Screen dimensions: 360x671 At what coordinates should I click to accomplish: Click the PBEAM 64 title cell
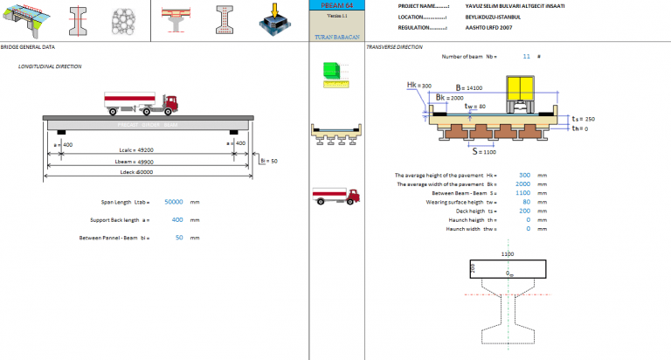click(336, 5)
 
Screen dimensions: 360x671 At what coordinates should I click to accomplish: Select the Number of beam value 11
click(526, 56)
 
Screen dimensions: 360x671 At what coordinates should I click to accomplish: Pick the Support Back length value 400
click(177, 220)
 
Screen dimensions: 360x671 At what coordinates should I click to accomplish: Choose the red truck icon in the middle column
click(335, 197)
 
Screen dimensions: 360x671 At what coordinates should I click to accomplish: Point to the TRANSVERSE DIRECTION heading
click(394, 47)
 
